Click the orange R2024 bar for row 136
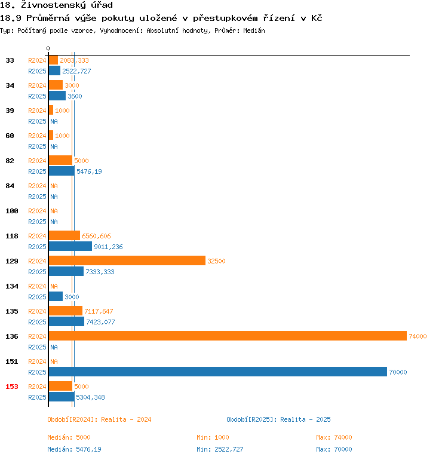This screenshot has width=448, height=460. (x=227, y=336)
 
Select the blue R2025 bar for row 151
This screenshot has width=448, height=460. (x=217, y=372)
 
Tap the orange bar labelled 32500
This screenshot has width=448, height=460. (x=127, y=261)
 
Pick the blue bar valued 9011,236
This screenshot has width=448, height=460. (x=70, y=246)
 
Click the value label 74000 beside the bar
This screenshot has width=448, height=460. (x=418, y=337)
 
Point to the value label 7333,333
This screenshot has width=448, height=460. (x=100, y=272)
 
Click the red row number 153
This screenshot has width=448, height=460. (x=12, y=387)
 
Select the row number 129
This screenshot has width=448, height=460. (x=12, y=261)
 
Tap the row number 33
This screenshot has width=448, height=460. (x=10, y=60)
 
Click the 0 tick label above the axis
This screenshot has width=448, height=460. (x=48, y=48)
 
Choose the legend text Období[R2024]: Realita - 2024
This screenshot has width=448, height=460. (x=99, y=419)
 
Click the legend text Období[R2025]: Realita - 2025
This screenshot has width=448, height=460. (x=278, y=419)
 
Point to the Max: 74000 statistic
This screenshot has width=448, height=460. (x=334, y=437)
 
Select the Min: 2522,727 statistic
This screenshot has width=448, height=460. (x=220, y=449)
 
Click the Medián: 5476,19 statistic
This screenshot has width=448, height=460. (x=74, y=449)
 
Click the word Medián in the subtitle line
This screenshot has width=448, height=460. (x=254, y=30)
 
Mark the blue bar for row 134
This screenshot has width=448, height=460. (x=56, y=296)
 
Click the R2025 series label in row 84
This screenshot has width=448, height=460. (x=37, y=197)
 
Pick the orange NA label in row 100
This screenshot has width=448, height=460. (x=54, y=211)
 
